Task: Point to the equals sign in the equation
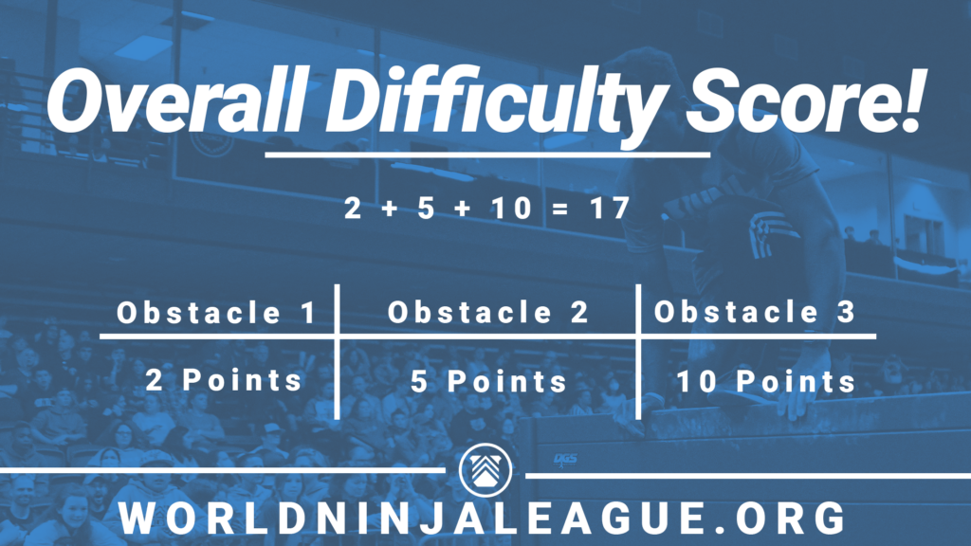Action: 559,209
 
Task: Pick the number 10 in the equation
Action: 511,208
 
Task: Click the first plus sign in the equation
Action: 390,209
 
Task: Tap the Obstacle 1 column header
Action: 217,312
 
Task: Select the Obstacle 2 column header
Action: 488,312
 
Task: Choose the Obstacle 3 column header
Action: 755,311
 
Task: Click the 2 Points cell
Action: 224,379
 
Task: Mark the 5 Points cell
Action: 488,381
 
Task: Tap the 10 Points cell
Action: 766,381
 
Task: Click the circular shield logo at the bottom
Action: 485,470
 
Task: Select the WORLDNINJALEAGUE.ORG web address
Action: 482,518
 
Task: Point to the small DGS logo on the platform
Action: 565,460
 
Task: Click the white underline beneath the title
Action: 487,155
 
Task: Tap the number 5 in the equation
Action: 426,208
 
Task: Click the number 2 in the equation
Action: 353,208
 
